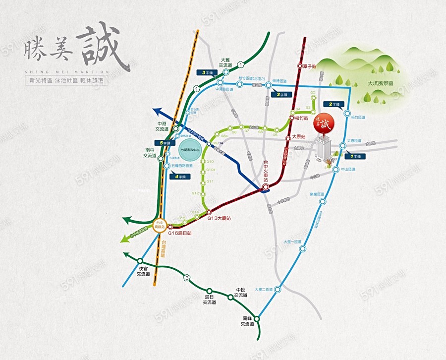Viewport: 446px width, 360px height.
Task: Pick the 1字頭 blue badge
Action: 356,157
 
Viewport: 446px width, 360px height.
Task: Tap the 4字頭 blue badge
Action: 182,176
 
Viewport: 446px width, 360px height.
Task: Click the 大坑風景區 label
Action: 380,84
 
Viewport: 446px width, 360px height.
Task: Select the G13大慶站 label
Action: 219,218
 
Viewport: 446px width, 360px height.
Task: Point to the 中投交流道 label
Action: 241,293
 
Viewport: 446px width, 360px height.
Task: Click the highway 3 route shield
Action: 187,278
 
